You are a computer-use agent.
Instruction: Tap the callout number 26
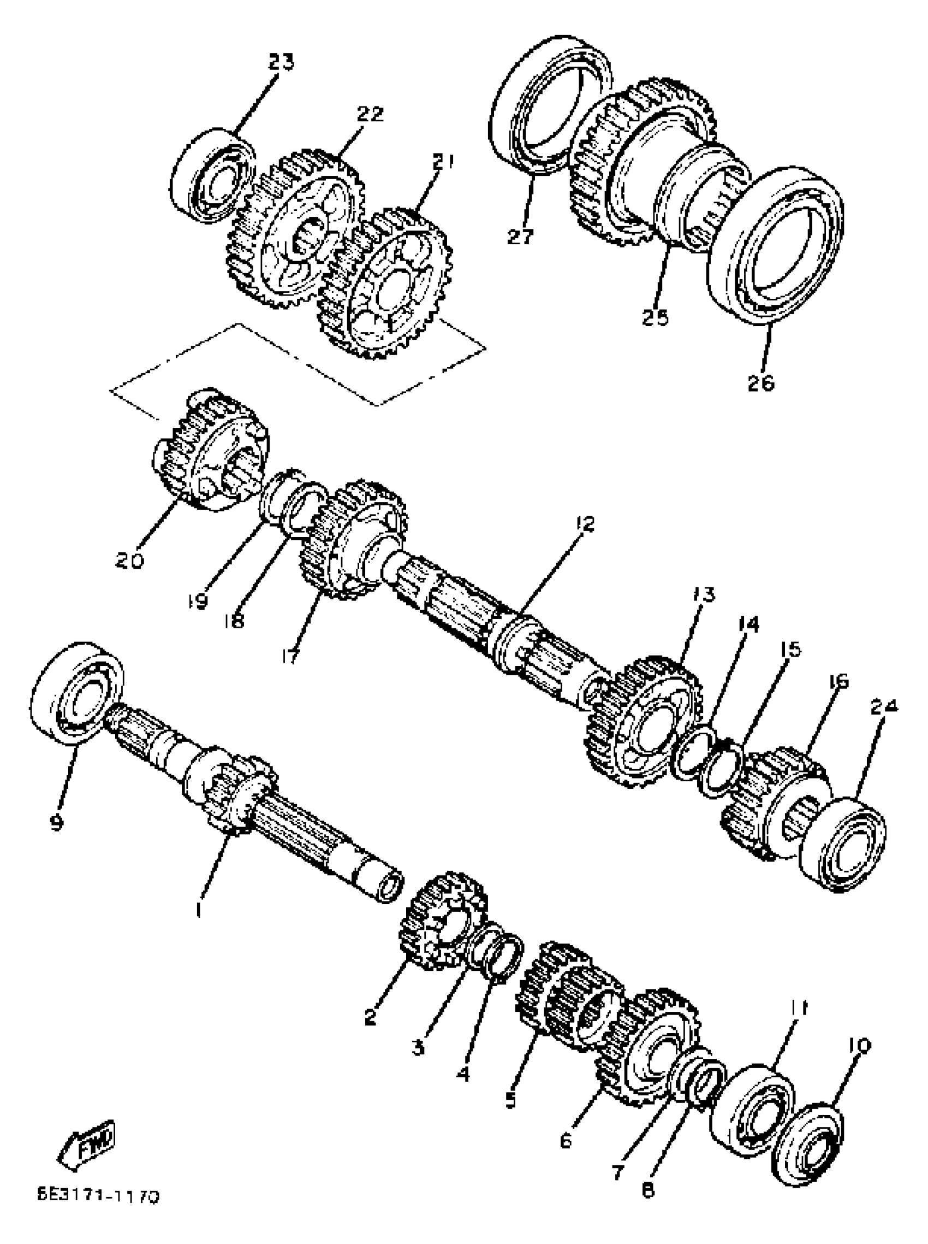coord(761,383)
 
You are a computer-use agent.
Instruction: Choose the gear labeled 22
coord(295,231)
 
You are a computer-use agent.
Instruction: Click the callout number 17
coord(292,656)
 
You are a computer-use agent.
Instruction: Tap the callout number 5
coord(510,1099)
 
